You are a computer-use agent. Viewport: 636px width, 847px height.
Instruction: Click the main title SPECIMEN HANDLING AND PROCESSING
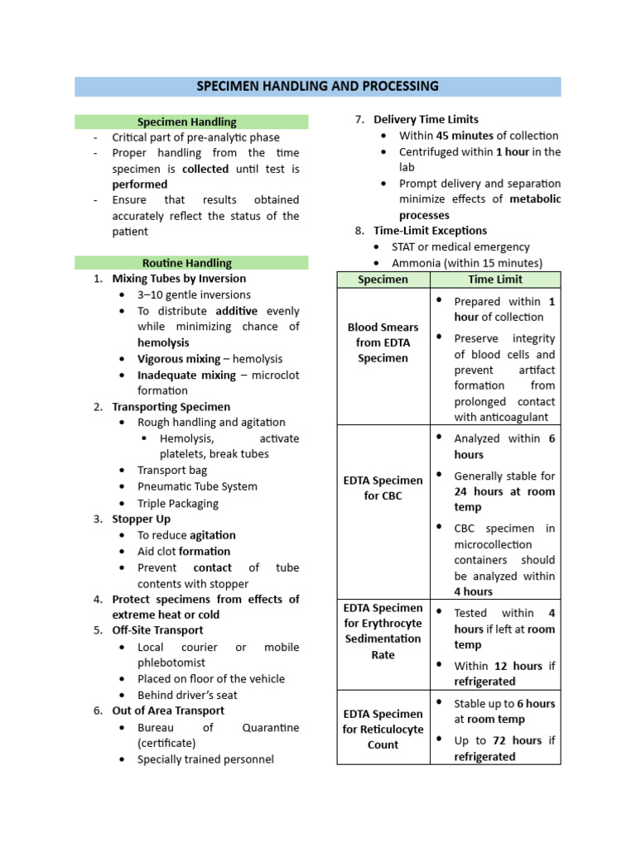[x=318, y=86]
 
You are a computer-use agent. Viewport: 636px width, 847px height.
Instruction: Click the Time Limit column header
[x=495, y=280]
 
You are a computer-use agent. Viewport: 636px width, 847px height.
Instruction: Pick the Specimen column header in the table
[x=383, y=280]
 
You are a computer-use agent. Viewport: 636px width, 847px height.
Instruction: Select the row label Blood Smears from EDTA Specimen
[x=383, y=342]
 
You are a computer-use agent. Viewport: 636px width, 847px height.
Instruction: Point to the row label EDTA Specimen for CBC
[x=383, y=488]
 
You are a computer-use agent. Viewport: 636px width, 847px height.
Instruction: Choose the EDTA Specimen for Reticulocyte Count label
[x=383, y=729]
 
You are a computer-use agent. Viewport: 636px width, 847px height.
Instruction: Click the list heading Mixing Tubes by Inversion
[x=179, y=279]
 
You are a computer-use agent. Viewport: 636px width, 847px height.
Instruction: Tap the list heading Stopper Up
[x=141, y=519]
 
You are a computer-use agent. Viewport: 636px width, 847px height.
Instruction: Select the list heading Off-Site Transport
[x=157, y=630]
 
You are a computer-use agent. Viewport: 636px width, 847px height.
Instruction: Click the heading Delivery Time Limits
[x=426, y=119]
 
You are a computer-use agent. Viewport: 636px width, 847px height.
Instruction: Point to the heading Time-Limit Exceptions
[x=430, y=231]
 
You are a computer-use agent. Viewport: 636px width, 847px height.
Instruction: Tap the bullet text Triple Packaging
[x=178, y=503]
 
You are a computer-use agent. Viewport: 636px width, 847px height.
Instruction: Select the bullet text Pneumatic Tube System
[x=197, y=487]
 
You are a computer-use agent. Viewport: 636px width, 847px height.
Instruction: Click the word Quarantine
[x=271, y=728]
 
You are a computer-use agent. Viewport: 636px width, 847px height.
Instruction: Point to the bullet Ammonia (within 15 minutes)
[x=467, y=263]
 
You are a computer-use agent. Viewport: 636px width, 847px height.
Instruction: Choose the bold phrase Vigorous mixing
[x=178, y=359]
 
